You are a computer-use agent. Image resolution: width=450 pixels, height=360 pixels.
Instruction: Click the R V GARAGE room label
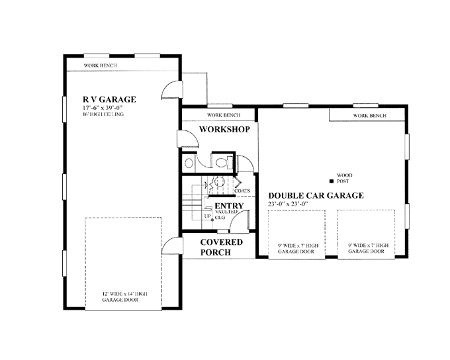[x=109, y=99]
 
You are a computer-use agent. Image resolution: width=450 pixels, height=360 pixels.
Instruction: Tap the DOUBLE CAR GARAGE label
[x=316, y=195]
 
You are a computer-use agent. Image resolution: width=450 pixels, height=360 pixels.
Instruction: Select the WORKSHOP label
[x=224, y=129]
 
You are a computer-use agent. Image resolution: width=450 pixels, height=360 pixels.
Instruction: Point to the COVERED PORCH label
[x=221, y=247]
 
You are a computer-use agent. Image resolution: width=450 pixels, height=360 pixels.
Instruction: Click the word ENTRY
[x=229, y=206]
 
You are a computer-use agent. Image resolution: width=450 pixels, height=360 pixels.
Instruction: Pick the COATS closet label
[x=242, y=191]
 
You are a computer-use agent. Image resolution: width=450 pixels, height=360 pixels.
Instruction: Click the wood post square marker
[x=332, y=181]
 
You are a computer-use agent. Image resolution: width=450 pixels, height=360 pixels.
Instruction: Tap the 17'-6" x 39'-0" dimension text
[x=103, y=108]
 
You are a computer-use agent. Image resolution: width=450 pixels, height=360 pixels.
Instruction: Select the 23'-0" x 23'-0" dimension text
[x=288, y=204]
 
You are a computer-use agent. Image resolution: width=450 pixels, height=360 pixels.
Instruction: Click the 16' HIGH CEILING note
[x=103, y=114]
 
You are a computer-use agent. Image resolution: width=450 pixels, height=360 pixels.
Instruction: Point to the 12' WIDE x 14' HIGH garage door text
[x=125, y=297]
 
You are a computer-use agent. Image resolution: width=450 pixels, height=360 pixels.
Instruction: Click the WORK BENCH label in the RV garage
[x=101, y=66]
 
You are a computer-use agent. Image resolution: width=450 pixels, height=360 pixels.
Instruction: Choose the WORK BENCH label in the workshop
[x=224, y=115]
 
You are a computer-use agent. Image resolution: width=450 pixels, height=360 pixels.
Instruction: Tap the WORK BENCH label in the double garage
[x=370, y=116]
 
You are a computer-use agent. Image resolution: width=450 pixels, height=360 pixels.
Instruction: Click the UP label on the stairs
[x=207, y=216]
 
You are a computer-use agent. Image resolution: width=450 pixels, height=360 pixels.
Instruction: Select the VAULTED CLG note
[x=226, y=214]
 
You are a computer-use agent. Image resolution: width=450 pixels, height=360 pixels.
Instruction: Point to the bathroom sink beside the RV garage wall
[x=189, y=163]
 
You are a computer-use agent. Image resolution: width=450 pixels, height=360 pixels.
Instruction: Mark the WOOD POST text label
[x=344, y=178]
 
